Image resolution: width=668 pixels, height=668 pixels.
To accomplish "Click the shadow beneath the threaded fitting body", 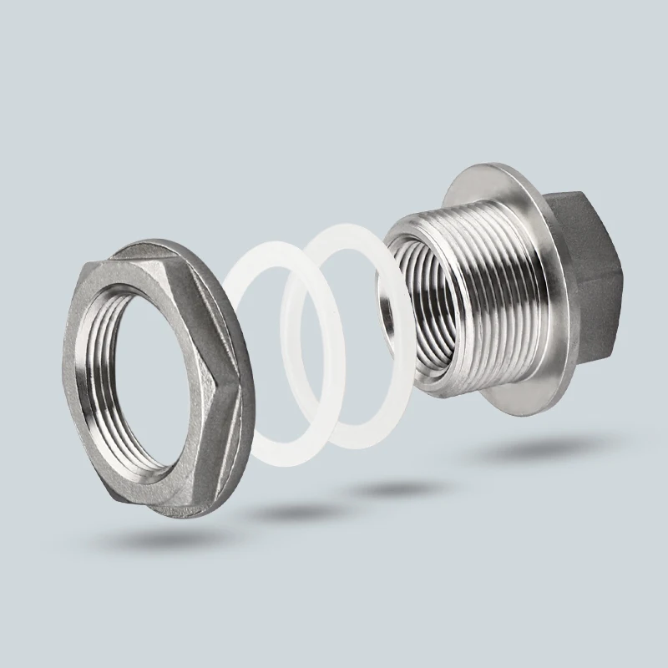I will (x=518, y=451).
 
